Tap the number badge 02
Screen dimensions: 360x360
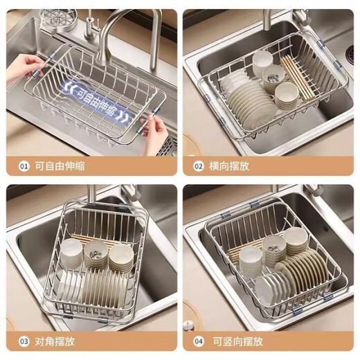(x=199, y=167)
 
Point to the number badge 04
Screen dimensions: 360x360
(x=199, y=341)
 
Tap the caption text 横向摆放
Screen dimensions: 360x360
(x=230, y=167)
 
